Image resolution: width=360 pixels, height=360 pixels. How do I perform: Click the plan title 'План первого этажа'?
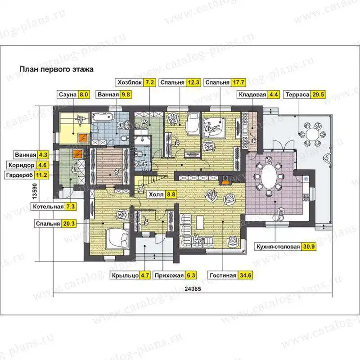pyautogui.click(x=57, y=69)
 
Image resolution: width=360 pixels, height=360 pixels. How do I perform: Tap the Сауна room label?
pyautogui.click(x=67, y=94)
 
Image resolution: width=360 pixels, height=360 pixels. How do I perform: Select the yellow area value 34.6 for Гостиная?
pyautogui.click(x=245, y=275)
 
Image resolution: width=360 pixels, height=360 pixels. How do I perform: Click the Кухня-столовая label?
pyautogui.click(x=278, y=247)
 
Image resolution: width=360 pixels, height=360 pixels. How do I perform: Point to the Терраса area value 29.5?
pyautogui.click(x=318, y=94)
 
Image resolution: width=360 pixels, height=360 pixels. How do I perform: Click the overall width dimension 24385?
pyautogui.click(x=193, y=289)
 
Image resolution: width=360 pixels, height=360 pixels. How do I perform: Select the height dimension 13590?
pyautogui.click(x=35, y=191)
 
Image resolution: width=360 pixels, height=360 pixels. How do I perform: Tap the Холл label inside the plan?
pyautogui.click(x=156, y=194)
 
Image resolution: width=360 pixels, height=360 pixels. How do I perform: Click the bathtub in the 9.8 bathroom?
pyautogui.click(x=103, y=118)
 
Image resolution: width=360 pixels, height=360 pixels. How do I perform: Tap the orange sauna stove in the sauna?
pyautogui.click(x=83, y=138)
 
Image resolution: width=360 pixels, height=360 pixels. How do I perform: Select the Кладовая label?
pyautogui.click(x=252, y=94)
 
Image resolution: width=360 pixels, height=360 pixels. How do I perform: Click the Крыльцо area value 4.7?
pyautogui.click(x=144, y=275)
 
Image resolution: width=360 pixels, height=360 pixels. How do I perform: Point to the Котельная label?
pyautogui.click(x=48, y=207)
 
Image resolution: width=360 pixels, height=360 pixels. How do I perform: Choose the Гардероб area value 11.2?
pyautogui.click(x=41, y=175)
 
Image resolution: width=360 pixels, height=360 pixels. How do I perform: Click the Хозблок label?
pyautogui.click(x=130, y=82)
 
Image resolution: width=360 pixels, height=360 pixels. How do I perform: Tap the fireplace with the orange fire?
pyautogui.click(x=225, y=180)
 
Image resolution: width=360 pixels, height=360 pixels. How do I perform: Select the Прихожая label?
pyautogui.click(x=169, y=275)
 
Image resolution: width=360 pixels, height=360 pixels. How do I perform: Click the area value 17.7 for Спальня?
pyautogui.click(x=238, y=82)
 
